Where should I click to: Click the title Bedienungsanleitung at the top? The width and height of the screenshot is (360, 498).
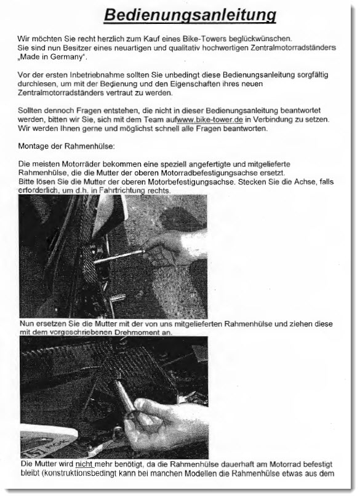tap(190, 15)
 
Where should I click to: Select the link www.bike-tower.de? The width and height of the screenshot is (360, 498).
tap(210, 120)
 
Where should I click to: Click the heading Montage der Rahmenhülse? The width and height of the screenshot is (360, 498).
tap(66, 146)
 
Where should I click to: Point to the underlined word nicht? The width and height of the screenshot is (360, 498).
tap(84, 464)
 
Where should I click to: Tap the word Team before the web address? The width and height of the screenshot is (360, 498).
tap(154, 120)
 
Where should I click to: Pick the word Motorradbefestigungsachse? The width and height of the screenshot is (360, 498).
tap(206, 173)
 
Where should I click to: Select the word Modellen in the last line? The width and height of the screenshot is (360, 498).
tap(212, 473)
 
